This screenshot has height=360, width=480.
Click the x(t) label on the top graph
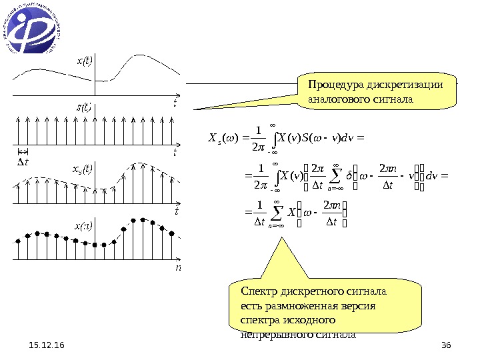point(85,61)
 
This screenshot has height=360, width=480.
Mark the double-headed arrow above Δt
point(23,152)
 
